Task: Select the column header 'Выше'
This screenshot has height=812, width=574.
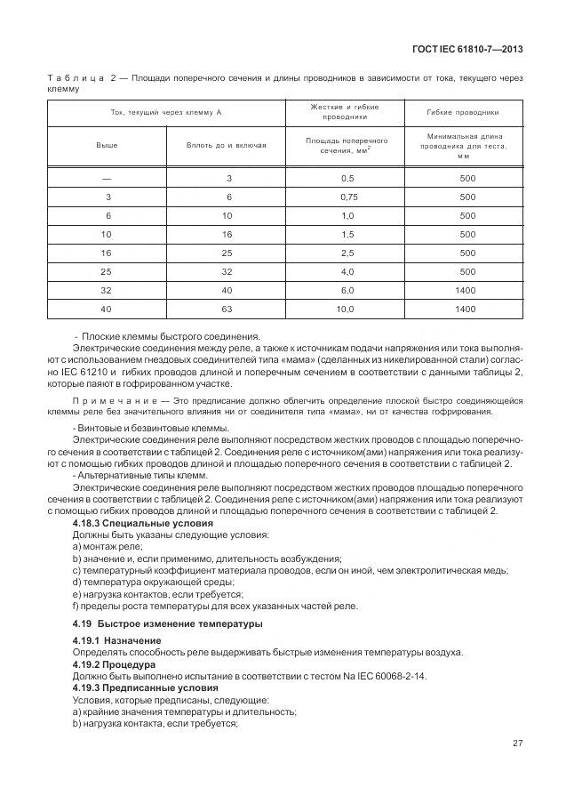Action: (x=108, y=144)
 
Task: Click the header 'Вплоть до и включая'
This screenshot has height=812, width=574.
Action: (x=226, y=144)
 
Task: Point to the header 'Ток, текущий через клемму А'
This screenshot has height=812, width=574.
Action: (x=166, y=113)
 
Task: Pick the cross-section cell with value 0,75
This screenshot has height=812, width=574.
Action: (x=347, y=197)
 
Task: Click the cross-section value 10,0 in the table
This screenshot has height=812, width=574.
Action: (x=347, y=309)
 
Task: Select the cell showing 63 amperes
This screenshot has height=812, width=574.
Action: (x=227, y=309)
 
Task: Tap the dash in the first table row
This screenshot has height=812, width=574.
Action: (x=108, y=178)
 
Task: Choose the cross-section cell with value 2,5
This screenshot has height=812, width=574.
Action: (x=347, y=253)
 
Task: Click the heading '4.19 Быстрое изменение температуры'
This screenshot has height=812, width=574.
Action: (x=167, y=623)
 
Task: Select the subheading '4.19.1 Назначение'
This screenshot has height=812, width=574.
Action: (x=116, y=640)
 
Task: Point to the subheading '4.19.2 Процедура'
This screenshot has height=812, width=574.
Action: (x=115, y=663)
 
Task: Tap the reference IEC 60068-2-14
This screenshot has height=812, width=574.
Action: (x=394, y=676)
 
